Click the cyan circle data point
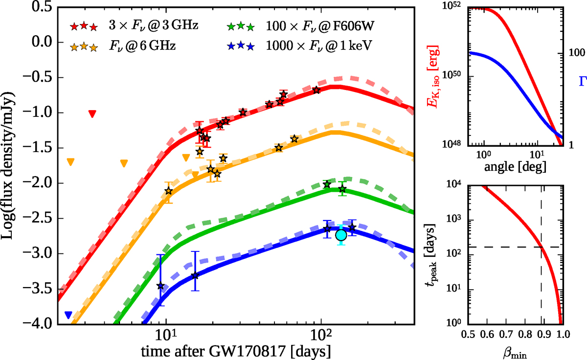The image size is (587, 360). (x=341, y=235)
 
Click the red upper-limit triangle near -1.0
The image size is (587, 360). (x=92, y=114)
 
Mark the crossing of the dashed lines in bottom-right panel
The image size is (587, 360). (x=541, y=247)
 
